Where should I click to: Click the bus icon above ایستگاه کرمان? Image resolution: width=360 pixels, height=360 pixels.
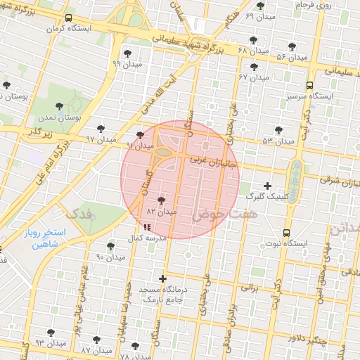(x=67, y=18)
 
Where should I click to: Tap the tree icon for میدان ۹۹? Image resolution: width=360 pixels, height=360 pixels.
(x=127, y=53)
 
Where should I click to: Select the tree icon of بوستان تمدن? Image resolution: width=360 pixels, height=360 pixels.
(x=60, y=106)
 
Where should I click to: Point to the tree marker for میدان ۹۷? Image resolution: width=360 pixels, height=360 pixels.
(x=101, y=128)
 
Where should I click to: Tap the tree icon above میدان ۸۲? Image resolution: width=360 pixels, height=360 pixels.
(x=162, y=200)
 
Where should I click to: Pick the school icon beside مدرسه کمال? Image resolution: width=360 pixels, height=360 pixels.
(x=146, y=227)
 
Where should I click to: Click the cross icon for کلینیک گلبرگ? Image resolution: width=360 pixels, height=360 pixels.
(x=266, y=185)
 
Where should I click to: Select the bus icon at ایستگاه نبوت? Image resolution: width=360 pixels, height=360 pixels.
(x=286, y=233)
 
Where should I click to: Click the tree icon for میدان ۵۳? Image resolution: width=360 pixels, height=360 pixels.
(x=279, y=129)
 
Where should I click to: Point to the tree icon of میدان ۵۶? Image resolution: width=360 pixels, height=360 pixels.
(x=292, y=46)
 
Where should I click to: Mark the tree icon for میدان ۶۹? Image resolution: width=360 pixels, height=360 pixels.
(x=261, y=6)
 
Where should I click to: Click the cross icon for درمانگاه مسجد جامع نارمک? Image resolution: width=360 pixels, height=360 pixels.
(x=163, y=278)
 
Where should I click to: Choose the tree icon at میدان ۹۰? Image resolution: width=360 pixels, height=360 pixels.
(x=110, y=246)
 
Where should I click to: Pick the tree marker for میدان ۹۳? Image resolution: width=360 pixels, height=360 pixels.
(x=51, y=332)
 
